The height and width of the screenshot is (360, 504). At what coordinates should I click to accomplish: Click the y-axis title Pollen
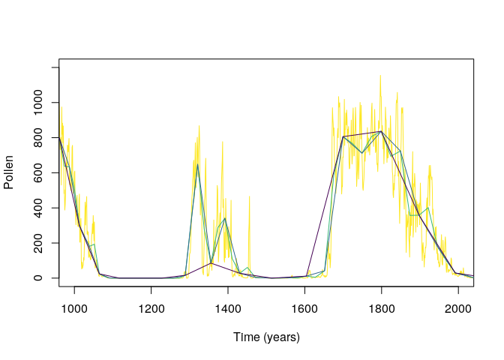pyautogui.click(x=9, y=173)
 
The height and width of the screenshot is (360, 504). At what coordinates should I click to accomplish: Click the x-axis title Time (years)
pyautogui.click(x=266, y=337)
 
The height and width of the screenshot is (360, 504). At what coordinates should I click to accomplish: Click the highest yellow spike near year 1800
pyautogui.click(x=380, y=76)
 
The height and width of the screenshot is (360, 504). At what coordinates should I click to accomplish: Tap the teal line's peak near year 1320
pyautogui.click(x=197, y=164)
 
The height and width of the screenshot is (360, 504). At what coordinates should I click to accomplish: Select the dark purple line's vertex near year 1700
pyautogui.click(x=343, y=136)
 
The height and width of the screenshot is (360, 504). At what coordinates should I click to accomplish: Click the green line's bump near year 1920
pyautogui.click(x=427, y=208)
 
